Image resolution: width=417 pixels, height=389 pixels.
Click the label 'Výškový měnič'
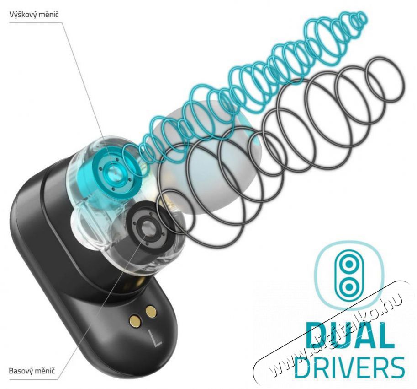coord(34,14)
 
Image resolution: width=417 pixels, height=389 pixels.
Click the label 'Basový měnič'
coord(32,370)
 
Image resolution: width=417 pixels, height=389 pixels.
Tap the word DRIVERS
coord(349,366)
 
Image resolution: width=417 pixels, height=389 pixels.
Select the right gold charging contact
coord(151,311)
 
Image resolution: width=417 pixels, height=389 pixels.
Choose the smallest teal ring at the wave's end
coord(360,19)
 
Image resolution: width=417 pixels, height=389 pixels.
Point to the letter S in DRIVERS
coord(396,366)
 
